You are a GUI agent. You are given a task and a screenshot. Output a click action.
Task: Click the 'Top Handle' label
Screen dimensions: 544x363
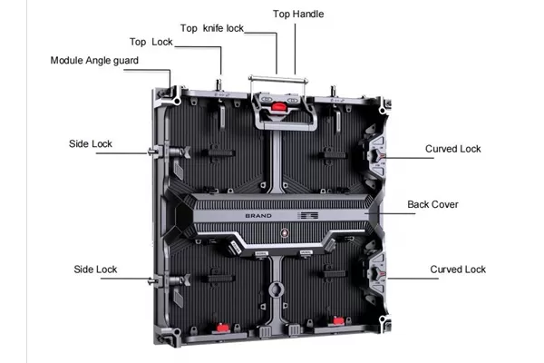coord(298,14)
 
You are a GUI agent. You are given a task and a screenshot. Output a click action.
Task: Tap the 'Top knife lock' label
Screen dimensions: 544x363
coord(212,28)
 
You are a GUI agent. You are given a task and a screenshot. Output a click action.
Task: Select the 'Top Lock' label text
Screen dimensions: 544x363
coord(151,42)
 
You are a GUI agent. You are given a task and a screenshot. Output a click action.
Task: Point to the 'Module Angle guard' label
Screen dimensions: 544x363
coord(94,61)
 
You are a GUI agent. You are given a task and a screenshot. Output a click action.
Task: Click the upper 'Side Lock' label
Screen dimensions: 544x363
coord(91,143)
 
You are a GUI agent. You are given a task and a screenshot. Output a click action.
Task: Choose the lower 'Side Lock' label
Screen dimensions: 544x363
coord(95,270)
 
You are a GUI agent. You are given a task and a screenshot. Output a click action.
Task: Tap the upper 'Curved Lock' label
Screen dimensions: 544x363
coord(453,149)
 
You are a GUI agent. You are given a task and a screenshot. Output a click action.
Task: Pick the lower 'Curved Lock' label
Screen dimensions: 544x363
coord(458,270)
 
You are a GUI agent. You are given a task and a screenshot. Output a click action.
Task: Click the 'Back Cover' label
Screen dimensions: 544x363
coord(433,204)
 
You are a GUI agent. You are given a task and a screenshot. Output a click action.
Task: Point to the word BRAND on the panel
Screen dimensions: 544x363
coord(258,216)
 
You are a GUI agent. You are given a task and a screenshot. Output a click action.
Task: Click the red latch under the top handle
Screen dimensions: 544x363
coord(278,106)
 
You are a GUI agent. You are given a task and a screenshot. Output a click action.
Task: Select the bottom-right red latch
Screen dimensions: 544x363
coord(338,320)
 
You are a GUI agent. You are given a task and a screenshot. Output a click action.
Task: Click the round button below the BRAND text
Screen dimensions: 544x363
coord(285,232)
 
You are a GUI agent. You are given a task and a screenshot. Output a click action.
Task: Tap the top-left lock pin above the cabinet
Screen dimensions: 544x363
coord(219,84)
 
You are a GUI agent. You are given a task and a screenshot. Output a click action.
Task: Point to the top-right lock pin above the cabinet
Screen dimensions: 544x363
coord(333,91)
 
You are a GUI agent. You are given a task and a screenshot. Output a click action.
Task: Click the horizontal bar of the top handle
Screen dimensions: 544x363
coord(278,80)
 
